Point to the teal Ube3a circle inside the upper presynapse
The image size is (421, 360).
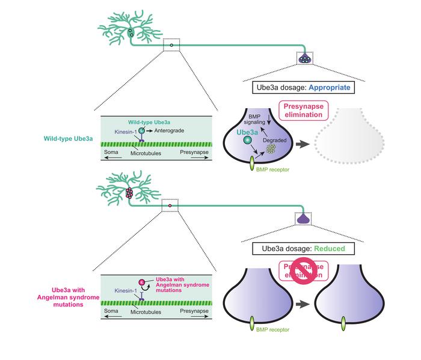click(247, 141)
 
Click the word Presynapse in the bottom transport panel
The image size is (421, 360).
click(195, 311)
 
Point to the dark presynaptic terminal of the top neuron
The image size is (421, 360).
click(306, 58)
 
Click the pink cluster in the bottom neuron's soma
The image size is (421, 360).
click(128, 193)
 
